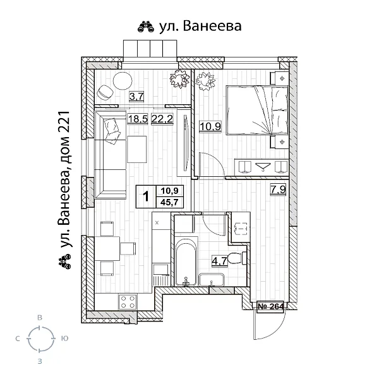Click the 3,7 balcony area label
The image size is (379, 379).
pos(136,97)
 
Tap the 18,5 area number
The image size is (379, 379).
pos(136,119)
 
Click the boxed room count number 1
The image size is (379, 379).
pos(146,197)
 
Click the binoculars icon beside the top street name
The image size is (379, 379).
pos(144,27)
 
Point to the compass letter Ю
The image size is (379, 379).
pos(65,339)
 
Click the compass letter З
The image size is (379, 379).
pos(40,361)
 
